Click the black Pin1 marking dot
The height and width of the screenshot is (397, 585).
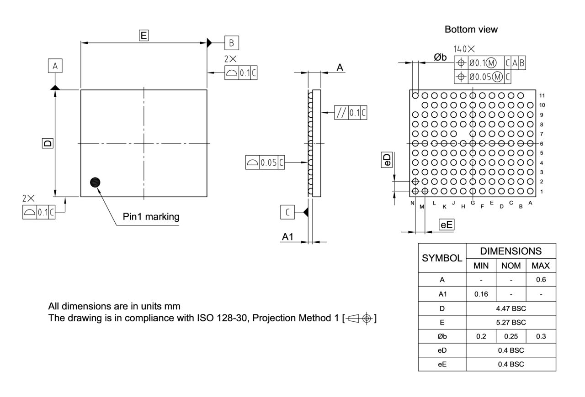pyautogui.click(x=95, y=182)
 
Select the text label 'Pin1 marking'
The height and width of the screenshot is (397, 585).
pyautogui.click(x=151, y=216)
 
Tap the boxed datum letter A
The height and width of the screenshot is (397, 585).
pyautogui.click(x=55, y=66)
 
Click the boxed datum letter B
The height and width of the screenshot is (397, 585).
pyautogui.click(x=231, y=43)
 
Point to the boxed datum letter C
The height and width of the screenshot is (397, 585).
pyautogui.click(x=287, y=212)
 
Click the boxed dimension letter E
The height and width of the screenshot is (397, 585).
pyautogui.click(x=144, y=36)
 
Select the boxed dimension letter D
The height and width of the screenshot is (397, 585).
pyautogui.click(x=48, y=143)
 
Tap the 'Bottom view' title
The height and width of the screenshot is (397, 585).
pyautogui.click(x=471, y=30)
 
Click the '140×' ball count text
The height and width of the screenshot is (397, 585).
pyautogui.click(x=464, y=48)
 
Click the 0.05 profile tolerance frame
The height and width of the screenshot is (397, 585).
pyautogui.click(x=265, y=162)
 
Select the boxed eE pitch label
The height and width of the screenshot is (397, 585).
pyautogui.click(x=446, y=225)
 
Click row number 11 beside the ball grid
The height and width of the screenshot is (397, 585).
pyautogui.click(x=542, y=96)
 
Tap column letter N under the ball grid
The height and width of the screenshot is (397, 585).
pyautogui.click(x=412, y=203)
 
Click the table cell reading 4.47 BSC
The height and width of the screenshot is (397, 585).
pyautogui.click(x=511, y=308)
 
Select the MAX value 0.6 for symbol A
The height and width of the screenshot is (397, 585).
pyautogui.click(x=541, y=279)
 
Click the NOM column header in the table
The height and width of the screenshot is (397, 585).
pyautogui.click(x=511, y=266)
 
